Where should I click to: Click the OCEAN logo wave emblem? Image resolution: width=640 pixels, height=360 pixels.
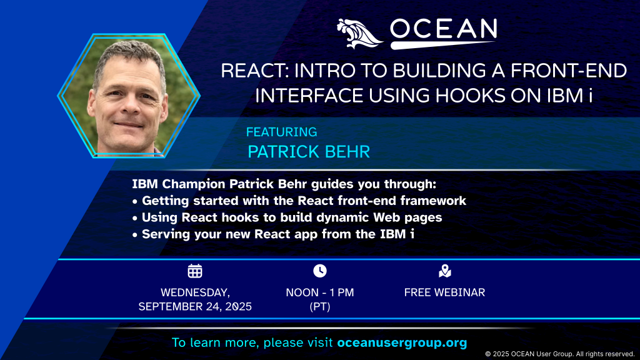pyautogui.click(x=359, y=34)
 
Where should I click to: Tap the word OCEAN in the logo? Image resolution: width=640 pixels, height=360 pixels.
pyautogui.click(x=444, y=29)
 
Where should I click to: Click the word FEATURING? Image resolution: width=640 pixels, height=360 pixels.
pyautogui.click(x=282, y=132)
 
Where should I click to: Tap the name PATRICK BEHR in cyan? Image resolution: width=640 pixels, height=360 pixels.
pyautogui.click(x=309, y=152)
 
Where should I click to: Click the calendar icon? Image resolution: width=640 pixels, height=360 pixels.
pyautogui.click(x=195, y=271)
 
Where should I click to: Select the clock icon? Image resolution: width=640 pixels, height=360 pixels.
pyautogui.click(x=320, y=271)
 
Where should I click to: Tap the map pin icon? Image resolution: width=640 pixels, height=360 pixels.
pyautogui.click(x=445, y=271)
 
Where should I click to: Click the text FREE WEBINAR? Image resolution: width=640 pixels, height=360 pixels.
pyautogui.click(x=444, y=292)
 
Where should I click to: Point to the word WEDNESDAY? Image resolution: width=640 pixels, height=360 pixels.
pyautogui.click(x=195, y=292)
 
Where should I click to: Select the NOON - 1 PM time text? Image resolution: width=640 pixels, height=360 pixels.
pyautogui.click(x=320, y=292)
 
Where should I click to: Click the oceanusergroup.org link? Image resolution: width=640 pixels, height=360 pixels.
pyautogui.click(x=402, y=342)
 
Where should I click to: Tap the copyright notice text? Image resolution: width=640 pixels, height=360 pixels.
pyautogui.click(x=559, y=354)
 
